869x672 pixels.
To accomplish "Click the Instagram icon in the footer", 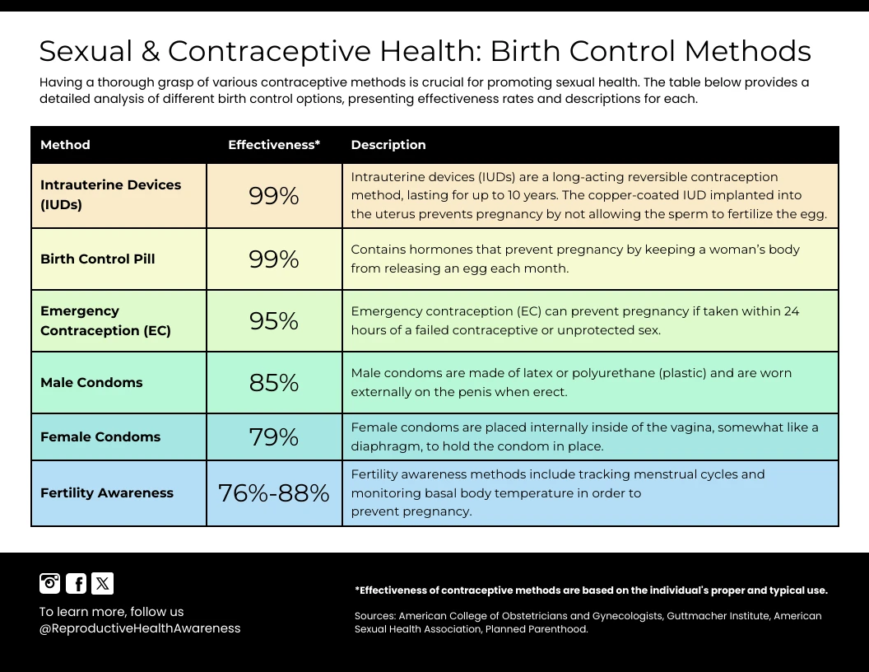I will [x=50, y=583].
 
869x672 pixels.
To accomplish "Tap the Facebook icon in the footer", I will [x=76, y=583].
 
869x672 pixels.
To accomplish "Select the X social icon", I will [x=102, y=583].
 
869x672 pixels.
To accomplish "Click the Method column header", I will [x=65, y=145].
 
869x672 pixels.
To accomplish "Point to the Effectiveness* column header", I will [x=274, y=145].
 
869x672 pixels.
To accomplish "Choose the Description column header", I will [x=388, y=145].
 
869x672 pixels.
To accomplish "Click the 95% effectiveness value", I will [x=274, y=321].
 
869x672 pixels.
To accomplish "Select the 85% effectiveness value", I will [x=274, y=383].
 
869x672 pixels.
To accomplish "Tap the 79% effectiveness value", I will [x=274, y=437].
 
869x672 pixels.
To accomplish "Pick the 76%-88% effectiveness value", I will [x=274, y=493].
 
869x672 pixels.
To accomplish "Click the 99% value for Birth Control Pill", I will [x=274, y=259].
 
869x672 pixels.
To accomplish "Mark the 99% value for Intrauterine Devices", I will [x=274, y=196].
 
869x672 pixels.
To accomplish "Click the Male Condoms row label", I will [x=91, y=383].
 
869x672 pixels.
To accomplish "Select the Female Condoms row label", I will [x=100, y=437].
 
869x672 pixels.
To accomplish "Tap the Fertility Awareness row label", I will [x=107, y=493].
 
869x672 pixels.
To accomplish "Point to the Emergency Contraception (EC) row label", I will [x=105, y=321].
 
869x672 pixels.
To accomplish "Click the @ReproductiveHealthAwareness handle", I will [x=140, y=628].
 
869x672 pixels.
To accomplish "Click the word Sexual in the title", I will [x=86, y=51].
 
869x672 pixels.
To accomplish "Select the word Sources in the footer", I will [x=374, y=616].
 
